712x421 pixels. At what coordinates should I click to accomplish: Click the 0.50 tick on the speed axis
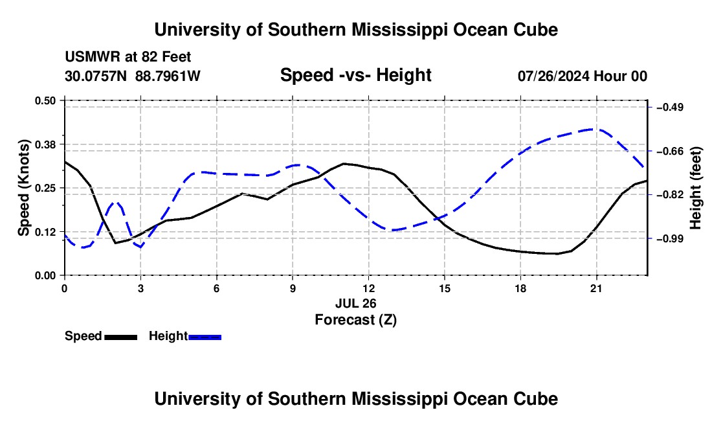pos(45,100)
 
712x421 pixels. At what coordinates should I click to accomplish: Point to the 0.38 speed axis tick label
pos(45,144)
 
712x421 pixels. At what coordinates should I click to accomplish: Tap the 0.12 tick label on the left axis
pos(45,232)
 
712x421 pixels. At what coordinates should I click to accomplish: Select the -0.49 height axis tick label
pos(670,107)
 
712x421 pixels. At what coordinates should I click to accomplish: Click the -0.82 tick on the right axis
pos(670,195)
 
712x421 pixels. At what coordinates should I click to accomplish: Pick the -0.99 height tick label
pos(670,238)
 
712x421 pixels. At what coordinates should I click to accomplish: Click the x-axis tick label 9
pos(293,288)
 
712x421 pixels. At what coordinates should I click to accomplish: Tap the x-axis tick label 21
pos(596,288)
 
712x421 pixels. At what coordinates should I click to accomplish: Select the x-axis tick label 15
pos(445,288)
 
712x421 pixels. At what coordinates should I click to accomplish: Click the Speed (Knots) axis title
pos(23,188)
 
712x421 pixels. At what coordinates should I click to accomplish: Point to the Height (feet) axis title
pos(696,188)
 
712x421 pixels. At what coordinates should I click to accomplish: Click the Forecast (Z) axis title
pos(356,320)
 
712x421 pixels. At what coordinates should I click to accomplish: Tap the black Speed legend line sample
pos(121,337)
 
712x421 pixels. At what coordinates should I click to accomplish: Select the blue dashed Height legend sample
pos(205,337)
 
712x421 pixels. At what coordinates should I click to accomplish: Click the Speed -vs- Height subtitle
pos(356,75)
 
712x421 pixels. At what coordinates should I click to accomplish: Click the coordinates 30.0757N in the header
pos(96,76)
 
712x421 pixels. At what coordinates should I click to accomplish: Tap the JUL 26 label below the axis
pos(356,303)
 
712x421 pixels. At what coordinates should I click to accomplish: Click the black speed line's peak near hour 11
pos(344,163)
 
